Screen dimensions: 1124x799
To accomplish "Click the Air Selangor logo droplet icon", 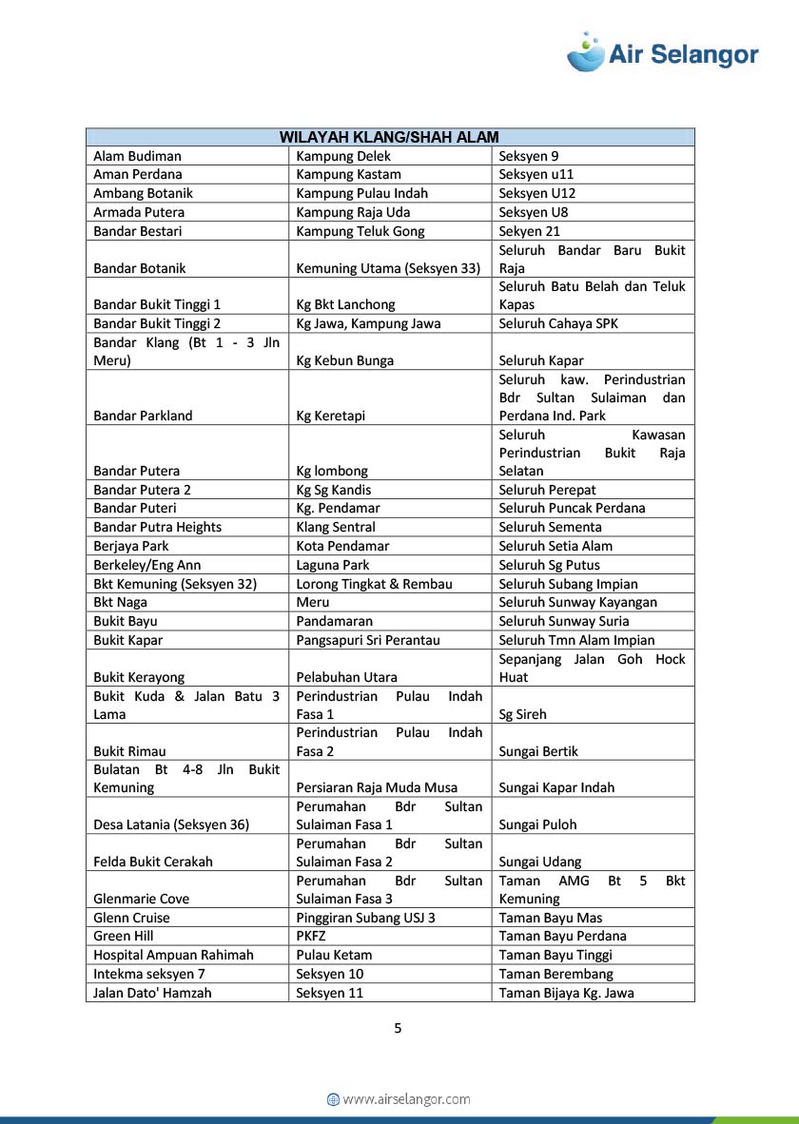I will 586,52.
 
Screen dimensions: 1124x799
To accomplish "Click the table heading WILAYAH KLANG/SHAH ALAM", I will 389,137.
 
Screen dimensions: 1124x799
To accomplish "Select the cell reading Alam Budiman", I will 137,156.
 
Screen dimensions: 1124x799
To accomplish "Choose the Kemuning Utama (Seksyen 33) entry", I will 388,268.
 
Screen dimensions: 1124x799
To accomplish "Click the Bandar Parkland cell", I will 143,416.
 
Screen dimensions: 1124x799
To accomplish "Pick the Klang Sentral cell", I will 336,527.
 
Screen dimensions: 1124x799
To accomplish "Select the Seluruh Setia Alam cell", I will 555,546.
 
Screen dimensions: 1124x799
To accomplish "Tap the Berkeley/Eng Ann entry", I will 146,565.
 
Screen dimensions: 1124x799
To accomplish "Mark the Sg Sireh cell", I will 522,714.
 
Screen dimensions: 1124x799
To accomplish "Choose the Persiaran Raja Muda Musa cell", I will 377,787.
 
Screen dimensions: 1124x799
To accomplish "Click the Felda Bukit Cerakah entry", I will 153,862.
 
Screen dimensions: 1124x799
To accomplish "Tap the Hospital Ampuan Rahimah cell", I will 173,955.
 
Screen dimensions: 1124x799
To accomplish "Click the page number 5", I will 398,1028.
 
